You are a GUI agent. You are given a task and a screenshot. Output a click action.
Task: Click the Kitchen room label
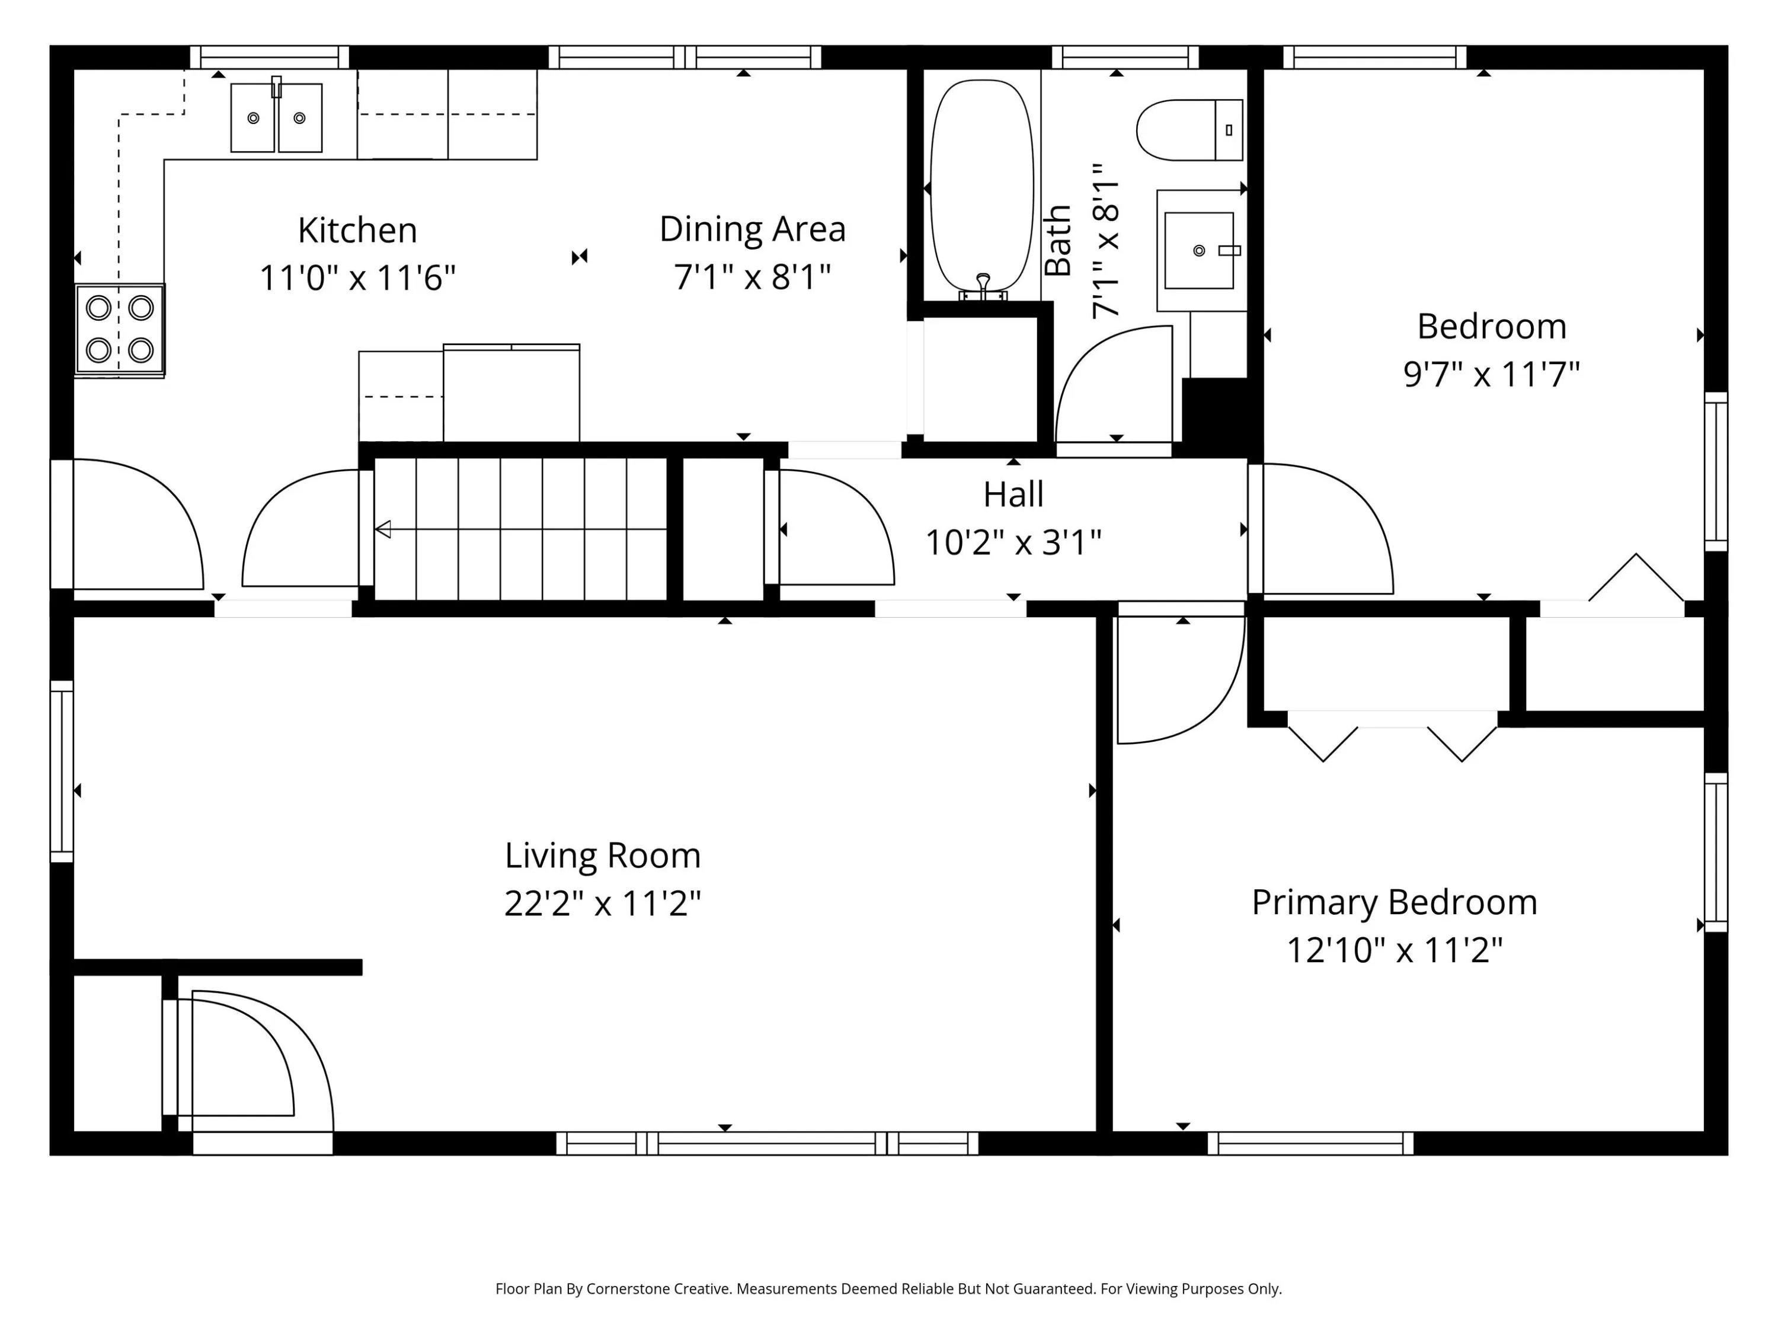[x=358, y=231]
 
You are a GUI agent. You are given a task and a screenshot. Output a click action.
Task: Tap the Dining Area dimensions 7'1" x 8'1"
[x=752, y=277]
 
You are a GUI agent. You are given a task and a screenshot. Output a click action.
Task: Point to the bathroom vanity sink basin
[x=1198, y=250]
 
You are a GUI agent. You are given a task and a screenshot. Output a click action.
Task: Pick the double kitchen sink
[x=277, y=117]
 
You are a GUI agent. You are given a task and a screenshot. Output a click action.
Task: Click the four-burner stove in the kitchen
[x=120, y=330]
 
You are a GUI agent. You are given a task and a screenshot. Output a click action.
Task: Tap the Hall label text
[x=1013, y=494]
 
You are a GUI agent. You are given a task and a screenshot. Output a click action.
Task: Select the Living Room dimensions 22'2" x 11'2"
[x=603, y=904]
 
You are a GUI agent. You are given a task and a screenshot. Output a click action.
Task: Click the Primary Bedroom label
[x=1395, y=902]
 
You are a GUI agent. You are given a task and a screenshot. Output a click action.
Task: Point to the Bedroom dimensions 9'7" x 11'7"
[x=1492, y=375]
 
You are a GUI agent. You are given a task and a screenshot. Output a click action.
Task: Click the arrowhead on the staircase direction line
[x=383, y=529]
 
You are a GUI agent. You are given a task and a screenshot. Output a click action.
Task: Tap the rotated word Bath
[x=1059, y=241]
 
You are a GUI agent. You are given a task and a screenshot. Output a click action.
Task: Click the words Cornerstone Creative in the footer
[x=659, y=1289]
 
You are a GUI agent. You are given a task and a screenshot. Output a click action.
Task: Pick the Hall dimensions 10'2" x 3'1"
[x=1013, y=542]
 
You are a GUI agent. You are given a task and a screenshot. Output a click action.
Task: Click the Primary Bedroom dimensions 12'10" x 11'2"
[x=1395, y=950]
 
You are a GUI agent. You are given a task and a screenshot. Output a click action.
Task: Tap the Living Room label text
[x=603, y=856]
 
